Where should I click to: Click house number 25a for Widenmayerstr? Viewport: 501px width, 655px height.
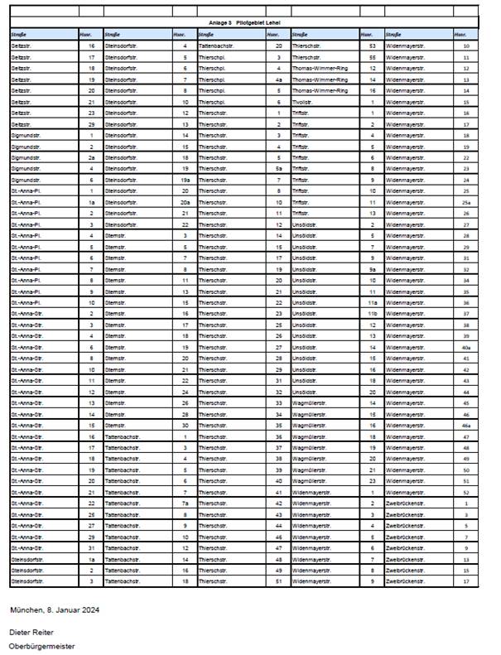[467, 202]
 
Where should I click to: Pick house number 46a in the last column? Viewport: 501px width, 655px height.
[467, 425]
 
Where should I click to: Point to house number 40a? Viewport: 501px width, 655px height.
[467, 347]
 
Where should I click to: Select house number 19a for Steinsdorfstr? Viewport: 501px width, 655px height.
[185, 180]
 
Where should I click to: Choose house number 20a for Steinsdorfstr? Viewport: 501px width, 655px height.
[185, 202]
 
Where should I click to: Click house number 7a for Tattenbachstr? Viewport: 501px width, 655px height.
[185, 503]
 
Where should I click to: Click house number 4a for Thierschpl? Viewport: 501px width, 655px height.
[279, 79]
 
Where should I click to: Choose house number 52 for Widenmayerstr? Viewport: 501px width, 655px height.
[467, 492]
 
